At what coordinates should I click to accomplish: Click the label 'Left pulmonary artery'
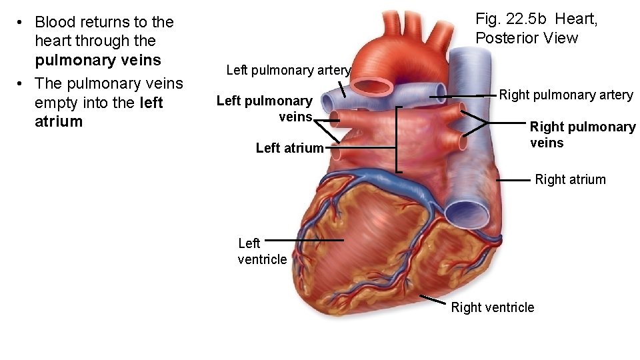[288, 70]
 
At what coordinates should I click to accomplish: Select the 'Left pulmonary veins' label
[265, 109]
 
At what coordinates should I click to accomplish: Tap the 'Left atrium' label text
[289, 148]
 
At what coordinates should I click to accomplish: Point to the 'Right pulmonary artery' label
[566, 95]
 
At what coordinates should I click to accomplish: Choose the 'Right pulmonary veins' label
[582, 135]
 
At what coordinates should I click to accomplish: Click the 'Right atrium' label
[570, 179]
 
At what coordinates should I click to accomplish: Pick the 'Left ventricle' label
[261, 251]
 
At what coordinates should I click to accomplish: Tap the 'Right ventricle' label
[492, 307]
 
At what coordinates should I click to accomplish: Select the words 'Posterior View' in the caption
[527, 38]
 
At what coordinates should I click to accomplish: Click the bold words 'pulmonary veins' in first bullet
[98, 61]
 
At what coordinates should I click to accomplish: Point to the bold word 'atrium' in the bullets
[59, 121]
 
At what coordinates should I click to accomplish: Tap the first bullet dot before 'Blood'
[21, 23]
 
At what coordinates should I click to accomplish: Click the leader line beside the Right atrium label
[513, 180]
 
